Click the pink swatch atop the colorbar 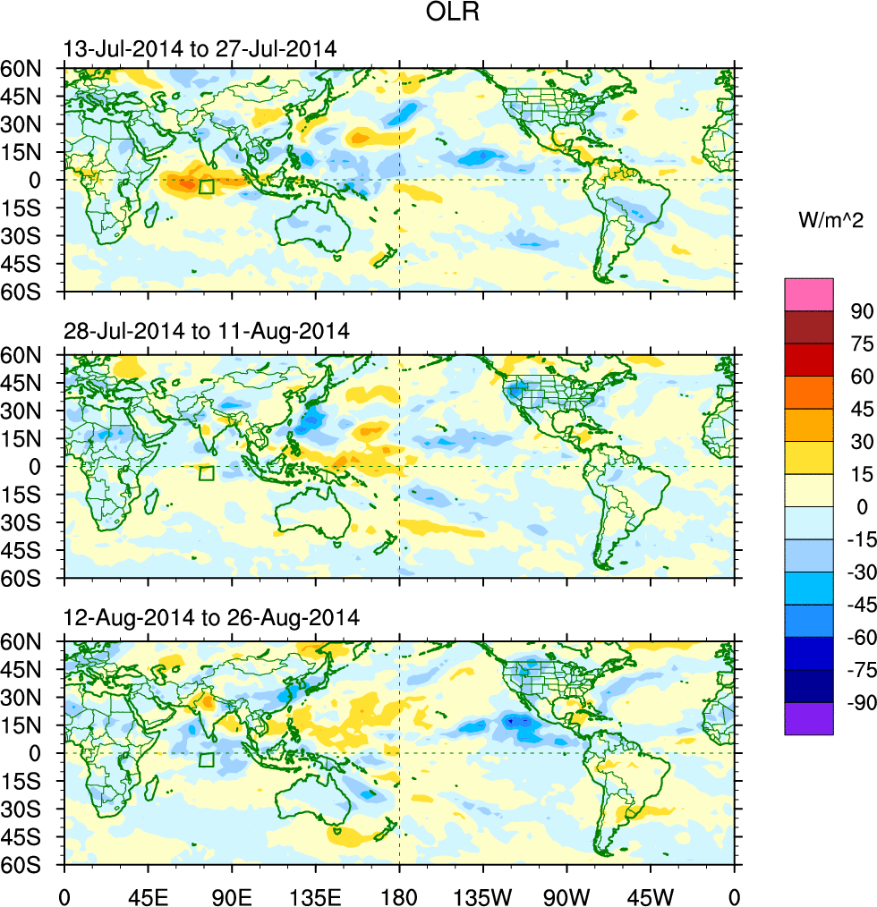(x=809, y=294)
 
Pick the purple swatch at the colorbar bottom (x=809, y=719)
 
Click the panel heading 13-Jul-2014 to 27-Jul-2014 (x=200, y=49)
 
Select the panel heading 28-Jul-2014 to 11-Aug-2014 (x=207, y=331)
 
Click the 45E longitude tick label (x=148, y=894)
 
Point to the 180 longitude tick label (x=399, y=894)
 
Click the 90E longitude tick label (x=232, y=894)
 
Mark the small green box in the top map (x=206, y=187)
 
